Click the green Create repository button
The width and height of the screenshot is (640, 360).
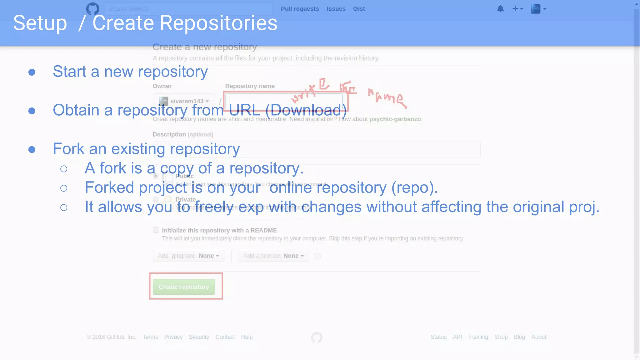point(184,287)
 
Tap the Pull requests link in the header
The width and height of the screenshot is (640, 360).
point(300,9)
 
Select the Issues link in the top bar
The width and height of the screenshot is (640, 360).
point(336,9)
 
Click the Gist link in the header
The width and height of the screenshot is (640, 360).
point(359,9)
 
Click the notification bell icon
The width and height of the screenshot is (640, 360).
point(500,9)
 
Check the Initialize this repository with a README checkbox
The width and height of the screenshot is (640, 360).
point(156,230)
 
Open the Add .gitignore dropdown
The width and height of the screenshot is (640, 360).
point(188,256)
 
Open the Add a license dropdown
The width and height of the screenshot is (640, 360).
point(273,256)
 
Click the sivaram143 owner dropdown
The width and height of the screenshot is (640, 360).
point(184,101)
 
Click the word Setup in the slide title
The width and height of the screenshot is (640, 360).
point(40,23)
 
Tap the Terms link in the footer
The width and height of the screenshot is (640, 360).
point(150,337)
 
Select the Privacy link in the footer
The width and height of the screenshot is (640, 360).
point(173,337)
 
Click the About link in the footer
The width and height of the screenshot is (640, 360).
point(539,337)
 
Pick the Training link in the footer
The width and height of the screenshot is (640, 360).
point(478,337)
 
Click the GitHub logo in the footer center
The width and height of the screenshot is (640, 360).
point(317,337)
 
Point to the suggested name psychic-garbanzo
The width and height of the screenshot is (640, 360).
point(395,119)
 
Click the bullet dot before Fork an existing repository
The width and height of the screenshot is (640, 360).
point(32,149)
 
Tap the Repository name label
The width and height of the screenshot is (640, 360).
point(250,86)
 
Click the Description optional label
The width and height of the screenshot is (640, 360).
point(183,134)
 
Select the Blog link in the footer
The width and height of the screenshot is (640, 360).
point(519,337)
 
